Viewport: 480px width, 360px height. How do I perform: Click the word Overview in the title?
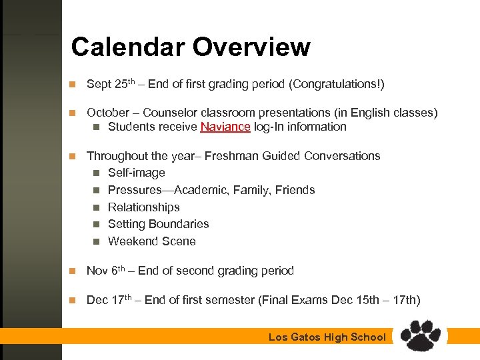pyautogui.click(x=251, y=47)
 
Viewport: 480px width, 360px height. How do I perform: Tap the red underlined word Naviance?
pyautogui.click(x=225, y=127)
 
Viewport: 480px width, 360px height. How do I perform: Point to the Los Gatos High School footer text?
pyautogui.click(x=327, y=337)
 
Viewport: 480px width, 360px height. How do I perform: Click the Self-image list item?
pyautogui.click(x=136, y=173)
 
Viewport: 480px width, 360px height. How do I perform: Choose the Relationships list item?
pyautogui.click(x=143, y=207)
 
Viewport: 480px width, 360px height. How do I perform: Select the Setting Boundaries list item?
pyautogui.click(x=158, y=224)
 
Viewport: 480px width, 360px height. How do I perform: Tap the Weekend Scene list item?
pyautogui.click(x=151, y=241)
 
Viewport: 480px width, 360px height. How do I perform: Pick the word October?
pyautogui.click(x=108, y=113)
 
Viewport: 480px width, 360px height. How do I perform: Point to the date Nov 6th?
pyautogui.click(x=106, y=271)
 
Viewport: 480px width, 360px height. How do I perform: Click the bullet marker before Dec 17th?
pyautogui.click(x=74, y=301)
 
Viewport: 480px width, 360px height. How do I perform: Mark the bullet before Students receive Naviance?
pyautogui.click(x=96, y=127)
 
